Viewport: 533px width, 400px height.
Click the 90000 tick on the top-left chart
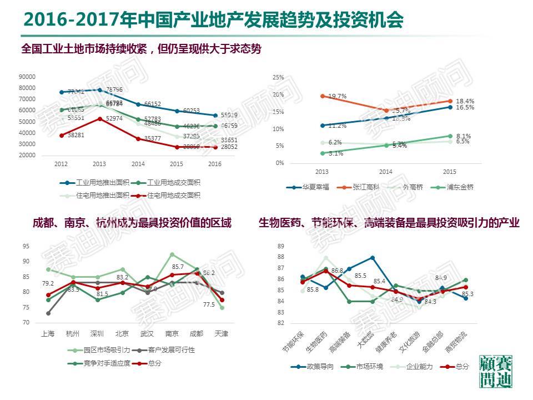point(27,77)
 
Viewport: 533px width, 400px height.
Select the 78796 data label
point(114,89)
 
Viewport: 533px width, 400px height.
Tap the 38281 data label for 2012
point(76,135)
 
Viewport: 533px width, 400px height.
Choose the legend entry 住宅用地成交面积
point(173,195)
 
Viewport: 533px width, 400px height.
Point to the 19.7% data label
point(337,97)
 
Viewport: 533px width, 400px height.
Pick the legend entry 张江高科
point(366,187)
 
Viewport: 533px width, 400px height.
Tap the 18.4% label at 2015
point(465,101)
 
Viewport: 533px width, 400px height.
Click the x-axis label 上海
point(48,334)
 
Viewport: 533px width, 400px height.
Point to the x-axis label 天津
point(221,334)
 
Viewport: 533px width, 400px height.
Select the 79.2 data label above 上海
point(48,284)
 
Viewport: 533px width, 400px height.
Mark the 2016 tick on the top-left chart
point(214,164)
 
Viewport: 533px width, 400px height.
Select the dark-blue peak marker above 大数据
point(373,258)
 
